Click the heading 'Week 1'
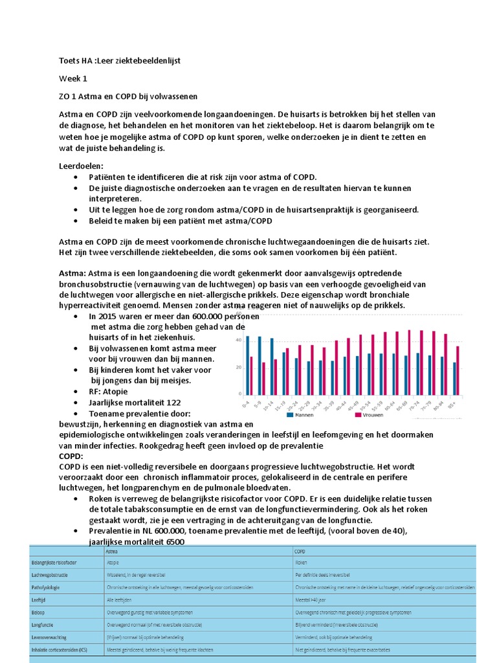pos(72,78)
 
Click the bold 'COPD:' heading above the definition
pos(71,456)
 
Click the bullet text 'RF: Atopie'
pos(108,391)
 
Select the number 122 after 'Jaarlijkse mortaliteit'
pos(173,402)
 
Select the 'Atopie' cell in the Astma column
pos(114,563)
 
